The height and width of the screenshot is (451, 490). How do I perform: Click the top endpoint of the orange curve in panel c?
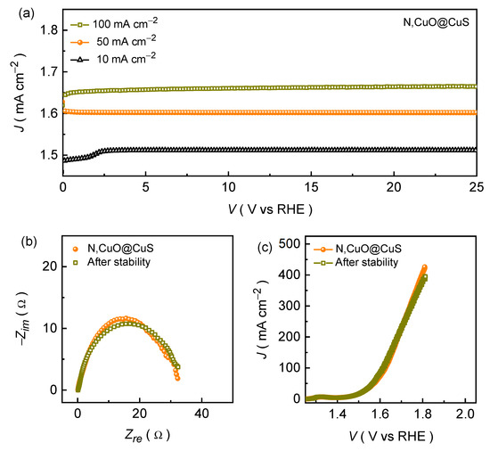tap(424, 266)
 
